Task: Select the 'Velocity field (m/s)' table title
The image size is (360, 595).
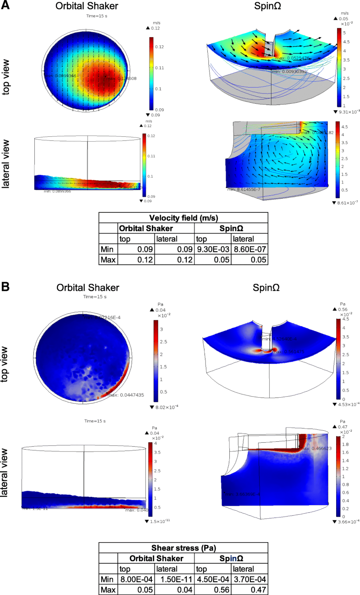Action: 183,218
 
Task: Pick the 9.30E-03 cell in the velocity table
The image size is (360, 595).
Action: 212,249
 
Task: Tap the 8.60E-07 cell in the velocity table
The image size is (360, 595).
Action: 249,249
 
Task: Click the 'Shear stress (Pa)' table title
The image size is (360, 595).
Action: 183,547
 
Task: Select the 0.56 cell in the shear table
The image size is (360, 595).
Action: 212,588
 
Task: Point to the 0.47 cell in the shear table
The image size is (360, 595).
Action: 249,588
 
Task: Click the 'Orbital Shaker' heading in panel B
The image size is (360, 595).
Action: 88,288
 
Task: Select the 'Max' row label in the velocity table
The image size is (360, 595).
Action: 109,260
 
